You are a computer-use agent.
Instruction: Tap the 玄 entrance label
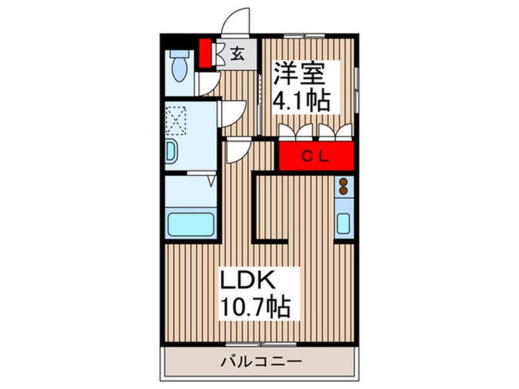(237, 53)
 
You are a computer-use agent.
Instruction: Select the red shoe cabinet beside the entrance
(206, 53)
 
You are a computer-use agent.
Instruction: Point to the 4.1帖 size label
(301, 100)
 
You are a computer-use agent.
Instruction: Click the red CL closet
(317, 156)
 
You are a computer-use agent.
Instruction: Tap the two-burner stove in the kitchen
(344, 186)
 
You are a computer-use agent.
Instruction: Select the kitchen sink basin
(344, 223)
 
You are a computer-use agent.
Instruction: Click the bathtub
(191, 224)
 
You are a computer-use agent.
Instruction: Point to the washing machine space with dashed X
(175, 120)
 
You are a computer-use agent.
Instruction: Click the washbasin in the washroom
(171, 152)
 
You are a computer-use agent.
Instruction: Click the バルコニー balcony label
(261, 361)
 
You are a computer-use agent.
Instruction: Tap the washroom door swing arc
(233, 114)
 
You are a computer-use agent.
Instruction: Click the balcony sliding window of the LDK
(261, 345)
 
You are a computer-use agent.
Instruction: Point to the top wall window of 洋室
(304, 36)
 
